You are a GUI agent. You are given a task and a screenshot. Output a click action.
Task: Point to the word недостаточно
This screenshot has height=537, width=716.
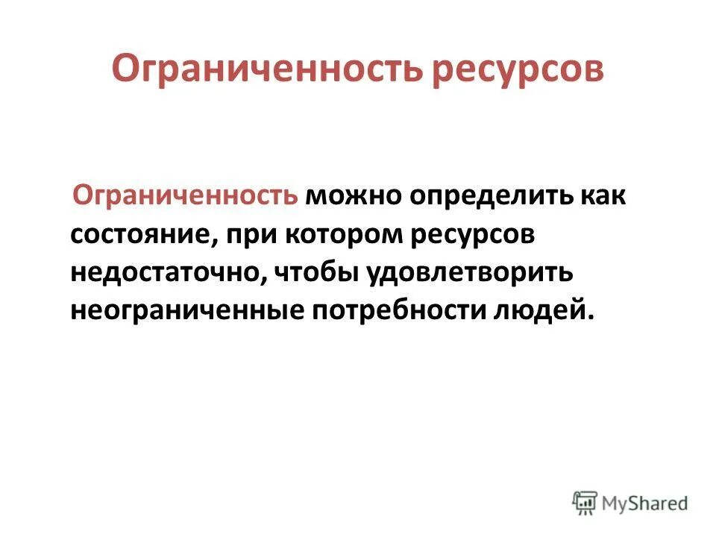[166, 271]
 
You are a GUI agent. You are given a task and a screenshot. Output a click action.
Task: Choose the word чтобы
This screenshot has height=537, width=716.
[318, 271]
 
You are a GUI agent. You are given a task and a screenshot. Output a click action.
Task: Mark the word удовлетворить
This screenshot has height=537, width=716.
[469, 271]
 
